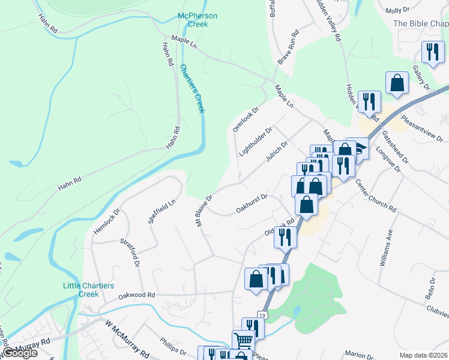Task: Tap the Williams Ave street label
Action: click(x=385, y=247)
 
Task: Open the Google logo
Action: click(x=19, y=353)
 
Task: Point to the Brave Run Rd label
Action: click(x=288, y=48)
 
